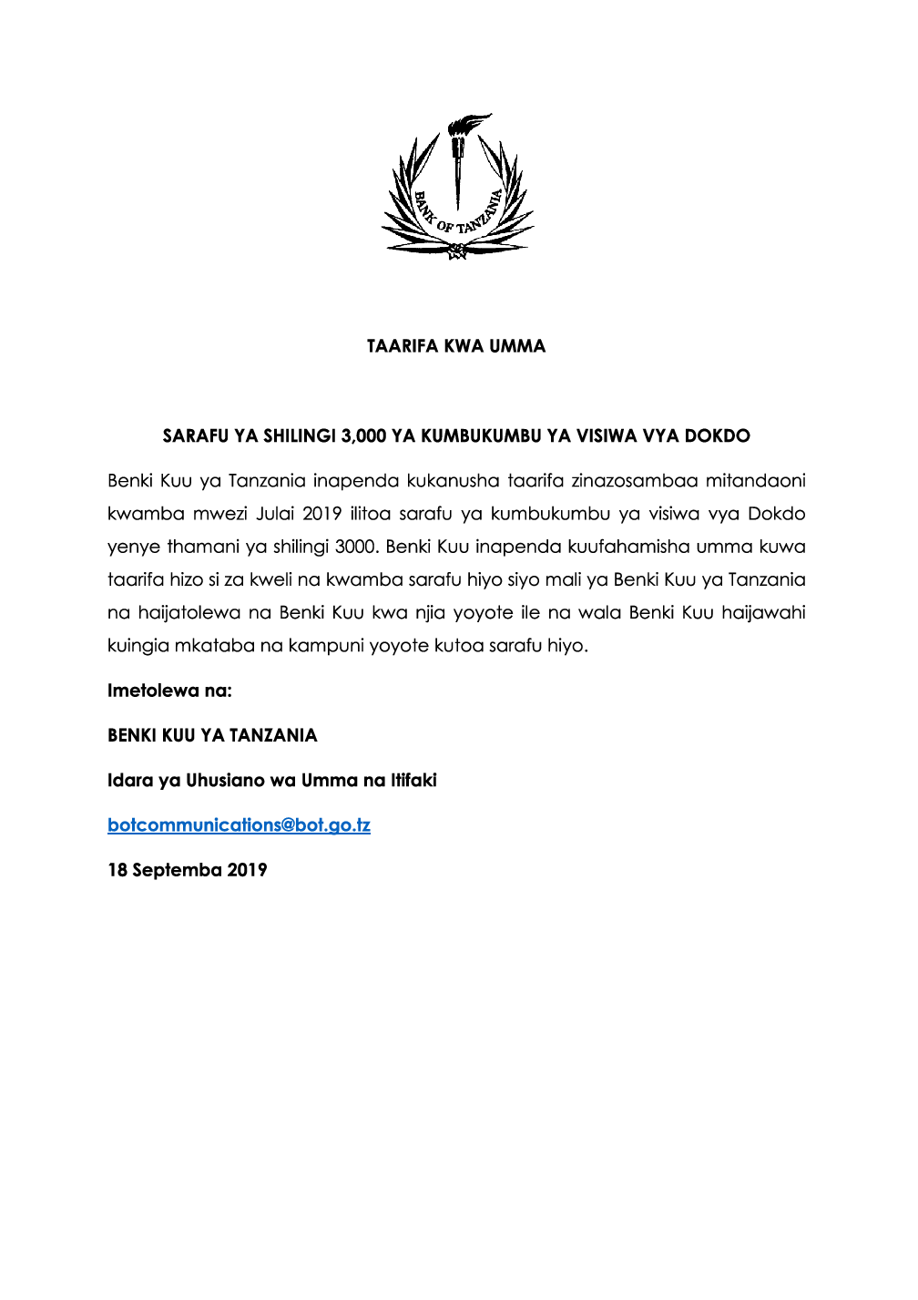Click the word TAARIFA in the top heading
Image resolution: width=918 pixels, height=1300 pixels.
[403, 346]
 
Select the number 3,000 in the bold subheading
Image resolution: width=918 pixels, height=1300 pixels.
[363, 436]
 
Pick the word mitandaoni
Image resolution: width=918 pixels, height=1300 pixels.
[755, 481]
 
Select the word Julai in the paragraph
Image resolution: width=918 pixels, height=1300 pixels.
[275, 514]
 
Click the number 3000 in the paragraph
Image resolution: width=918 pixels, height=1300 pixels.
[355, 548]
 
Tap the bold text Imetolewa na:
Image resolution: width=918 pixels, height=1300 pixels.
[169, 691]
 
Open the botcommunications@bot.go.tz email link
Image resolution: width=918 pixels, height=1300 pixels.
[239, 825]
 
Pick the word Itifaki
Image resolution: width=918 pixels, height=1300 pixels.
[413, 781]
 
